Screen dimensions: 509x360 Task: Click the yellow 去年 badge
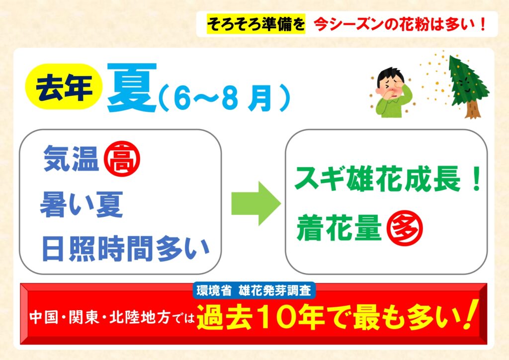tap(64, 87)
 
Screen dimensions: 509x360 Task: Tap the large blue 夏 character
tap(132, 87)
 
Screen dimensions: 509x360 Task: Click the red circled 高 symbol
tap(122, 159)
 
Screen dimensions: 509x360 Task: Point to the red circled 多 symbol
tap(405, 228)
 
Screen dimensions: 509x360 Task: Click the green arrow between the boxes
tap(256, 203)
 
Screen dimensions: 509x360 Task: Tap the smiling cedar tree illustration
tap(467, 86)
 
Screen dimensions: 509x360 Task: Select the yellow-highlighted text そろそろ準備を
tap(256, 24)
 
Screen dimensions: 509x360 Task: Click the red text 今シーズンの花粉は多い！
tap(401, 24)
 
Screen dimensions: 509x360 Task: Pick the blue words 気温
tap(71, 159)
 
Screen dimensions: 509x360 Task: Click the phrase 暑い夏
tap(82, 204)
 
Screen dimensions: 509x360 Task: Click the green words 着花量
tap(339, 228)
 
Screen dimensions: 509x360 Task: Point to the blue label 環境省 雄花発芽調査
tap(254, 290)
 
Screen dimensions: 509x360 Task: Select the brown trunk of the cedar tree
tap(472, 110)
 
